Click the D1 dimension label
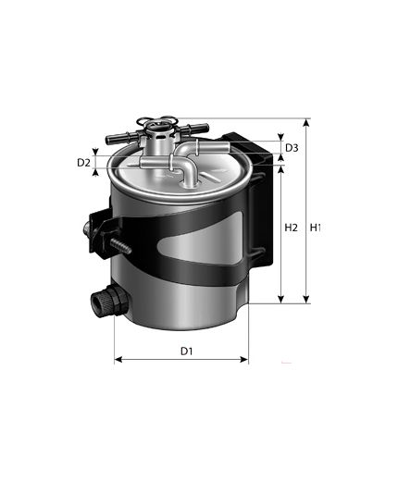pyautogui.click(x=186, y=351)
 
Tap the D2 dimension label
pyautogui.click(x=83, y=163)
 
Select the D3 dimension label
pyautogui.click(x=292, y=148)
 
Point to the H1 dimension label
pyautogui.click(x=316, y=228)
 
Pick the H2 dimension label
pyautogui.click(x=291, y=228)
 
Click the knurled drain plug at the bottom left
pyautogui.click(x=109, y=300)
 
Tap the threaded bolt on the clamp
pyautogui.click(x=121, y=245)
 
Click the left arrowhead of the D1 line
pyautogui.click(x=118, y=360)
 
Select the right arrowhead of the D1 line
pyautogui.click(x=244, y=360)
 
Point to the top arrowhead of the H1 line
pyautogui.click(x=306, y=122)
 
